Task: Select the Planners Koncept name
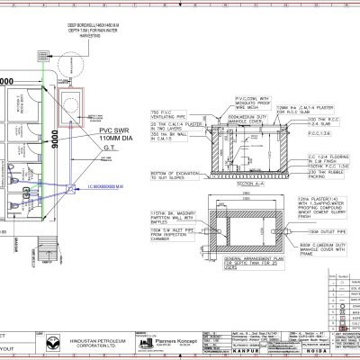(x=161, y=343)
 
